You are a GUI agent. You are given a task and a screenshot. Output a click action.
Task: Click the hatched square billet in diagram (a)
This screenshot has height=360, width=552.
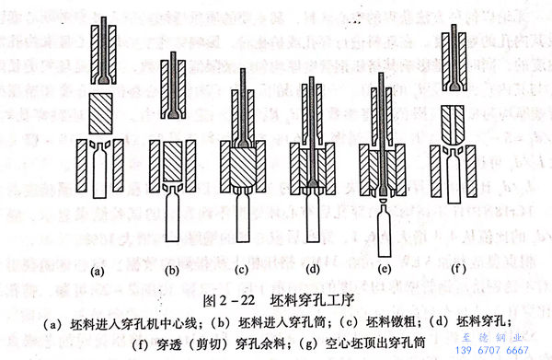(104, 111)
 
